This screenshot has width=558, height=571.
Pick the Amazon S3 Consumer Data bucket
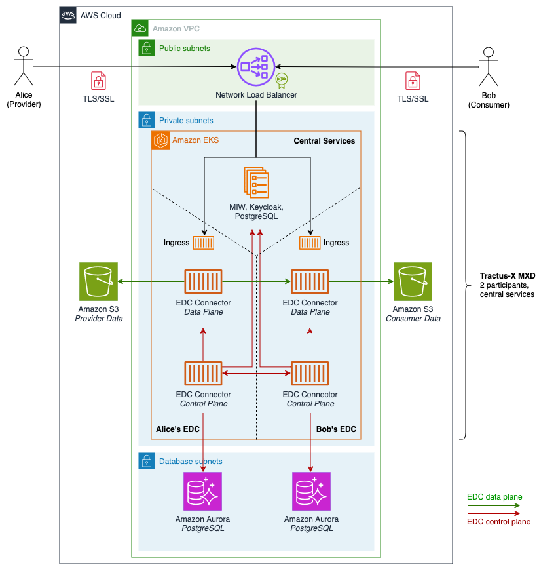tap(413, 281)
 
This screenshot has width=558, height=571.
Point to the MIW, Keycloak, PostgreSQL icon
tap(256, 182)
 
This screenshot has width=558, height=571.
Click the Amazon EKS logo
tap(160, 140)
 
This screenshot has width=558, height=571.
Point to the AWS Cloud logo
tap(68, 15)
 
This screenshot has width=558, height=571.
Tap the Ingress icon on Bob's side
tap(310, 243)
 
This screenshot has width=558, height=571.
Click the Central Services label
tap(324, 141)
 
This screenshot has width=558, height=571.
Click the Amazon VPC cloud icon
tap(140, 28)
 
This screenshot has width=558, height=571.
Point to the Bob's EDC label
tap(336, 429)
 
